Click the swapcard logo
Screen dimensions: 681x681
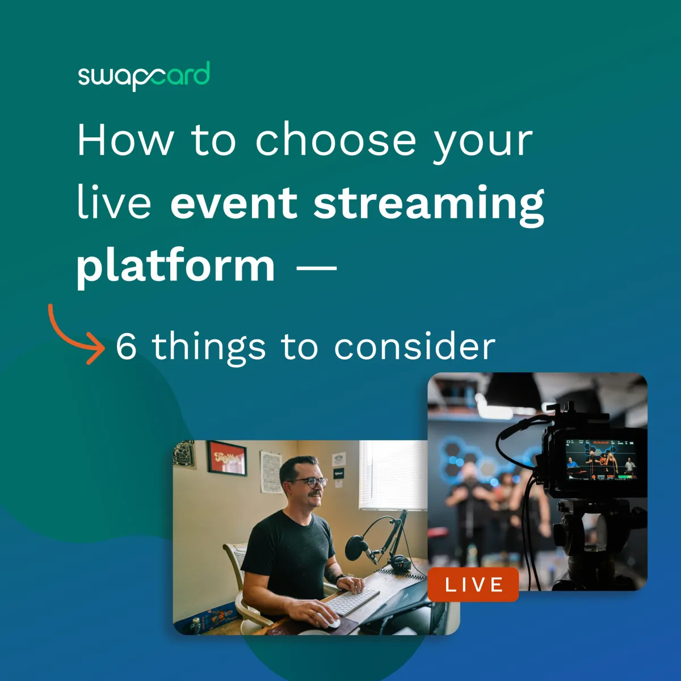coord(144,76)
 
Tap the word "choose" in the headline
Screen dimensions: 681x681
coord(335,140)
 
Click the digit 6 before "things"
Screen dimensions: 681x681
coord(126,346)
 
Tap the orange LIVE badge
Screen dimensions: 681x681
coord(473,585)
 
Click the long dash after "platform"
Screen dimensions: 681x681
coord(317,267)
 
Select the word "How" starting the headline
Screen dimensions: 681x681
coord(125,140)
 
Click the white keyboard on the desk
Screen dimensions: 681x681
coord(353,600)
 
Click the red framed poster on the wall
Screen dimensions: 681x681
coord(226,458)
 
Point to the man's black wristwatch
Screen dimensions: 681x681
coord(340,579)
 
